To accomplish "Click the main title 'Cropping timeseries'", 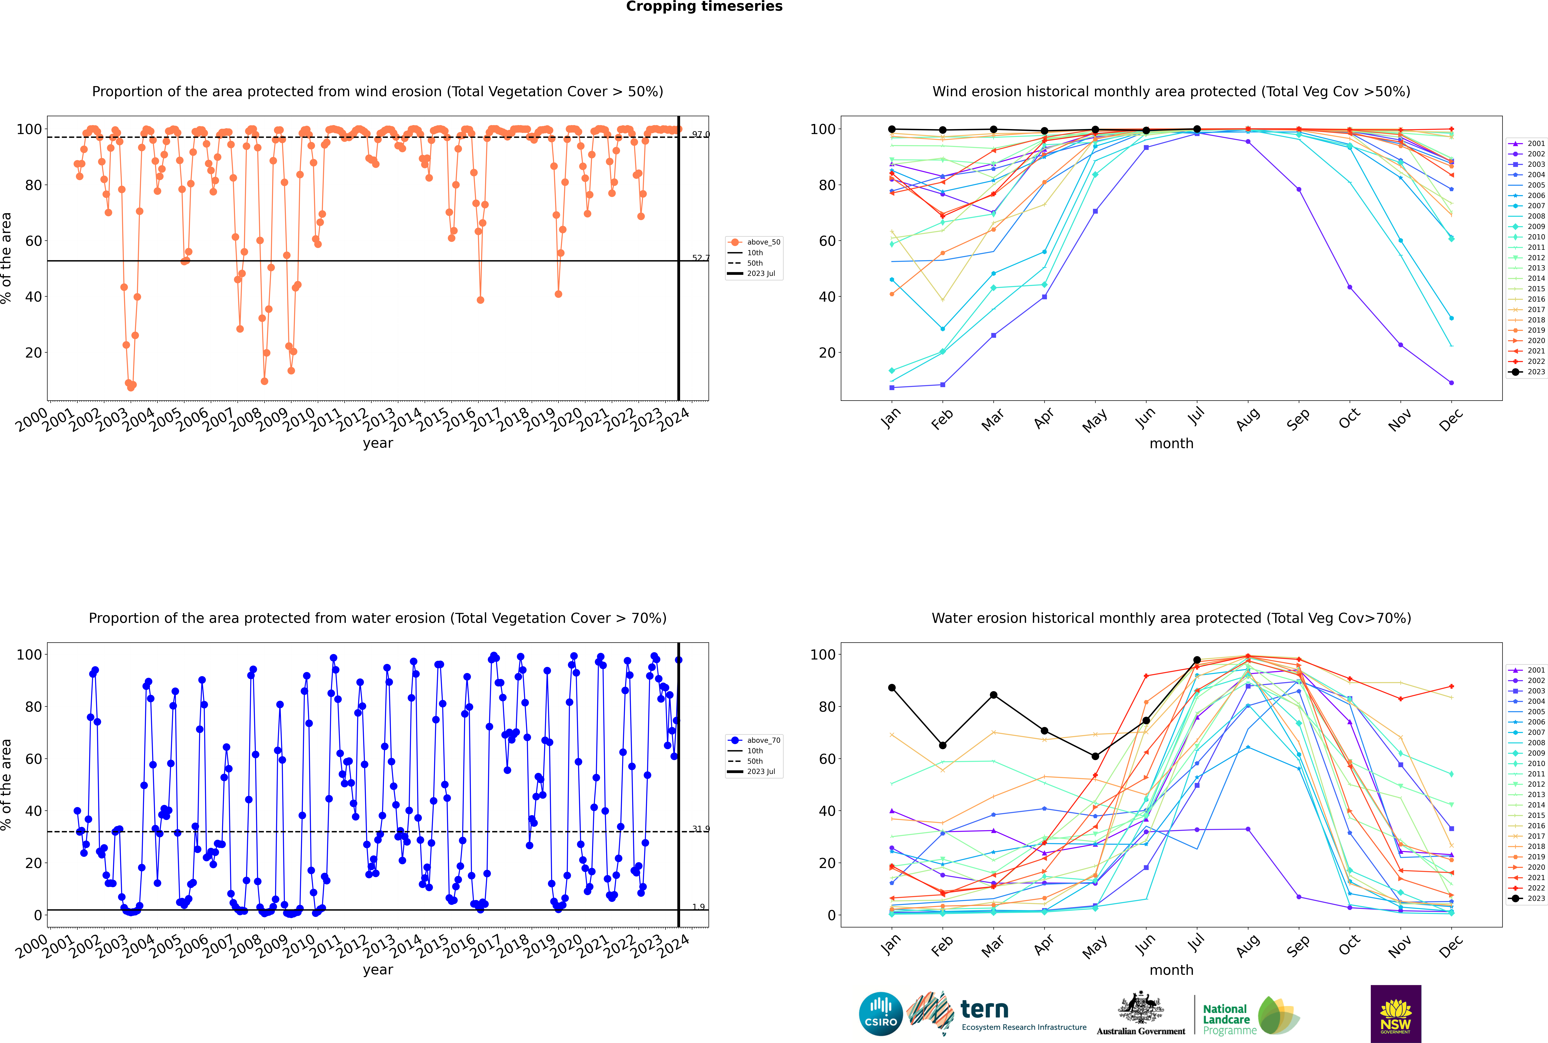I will pyautogui.click(x=704, y=7).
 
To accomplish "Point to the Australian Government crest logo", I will pyautogui.click(x=1141, y=1014).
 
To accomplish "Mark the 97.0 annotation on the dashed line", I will pyautogui.click(x=700, y=134).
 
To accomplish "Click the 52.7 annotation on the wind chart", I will pyautogui.click(x=700, y=258).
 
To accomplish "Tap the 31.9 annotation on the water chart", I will pyautogui.click(x=700, y=829).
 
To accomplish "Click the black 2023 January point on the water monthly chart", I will pyautogui.click(x=892, y=688).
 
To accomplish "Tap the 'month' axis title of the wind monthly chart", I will pyautogui.click(x=1171, y=444).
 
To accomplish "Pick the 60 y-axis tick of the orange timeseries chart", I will pyautogui.click(x=33, y=241).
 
